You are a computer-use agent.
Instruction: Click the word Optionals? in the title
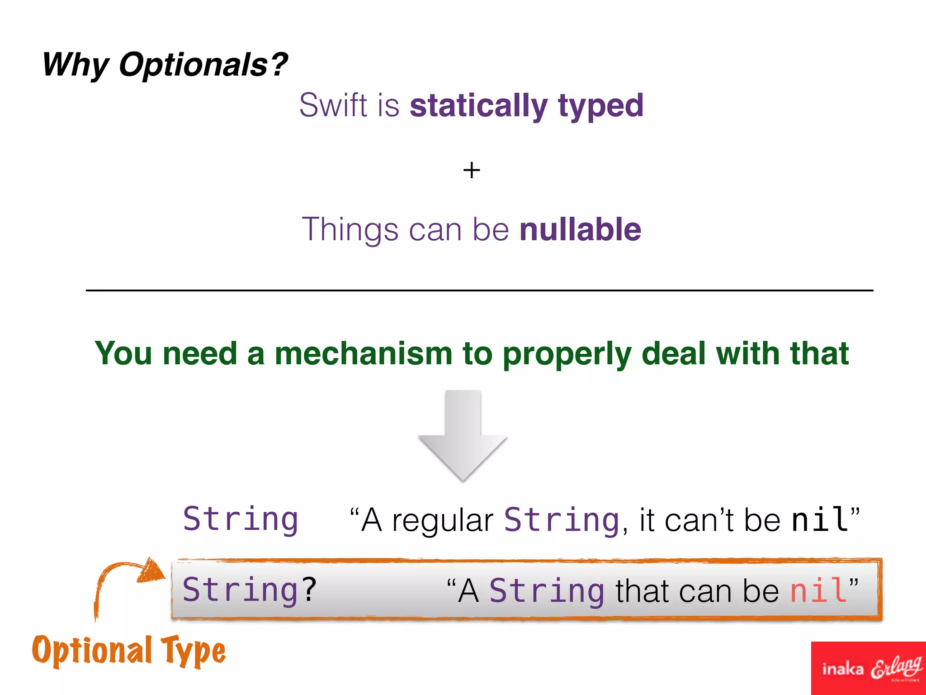pyautogui.click(x=203, y=65)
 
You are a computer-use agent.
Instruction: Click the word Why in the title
pyautogui.click(x=75, y=65)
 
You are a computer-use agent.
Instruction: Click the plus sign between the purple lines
pyautogui.click(x=472, y=171)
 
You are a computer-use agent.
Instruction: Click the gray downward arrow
pyautogui.click(x=463, y=434)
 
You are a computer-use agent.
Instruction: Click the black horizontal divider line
pyautogui.click(x=479, y=290)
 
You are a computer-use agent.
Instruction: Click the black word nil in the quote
pyautogui.click(x=820, y=519)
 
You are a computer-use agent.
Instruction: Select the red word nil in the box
pyautogui.click(x=818, y=590)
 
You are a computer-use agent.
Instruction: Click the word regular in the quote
pyautogui.click(x=442, y=520)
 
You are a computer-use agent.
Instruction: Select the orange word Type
pyautogui.click(x=194, y=652)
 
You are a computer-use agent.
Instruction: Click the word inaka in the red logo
pyautogui.click(x=842, y=669)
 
